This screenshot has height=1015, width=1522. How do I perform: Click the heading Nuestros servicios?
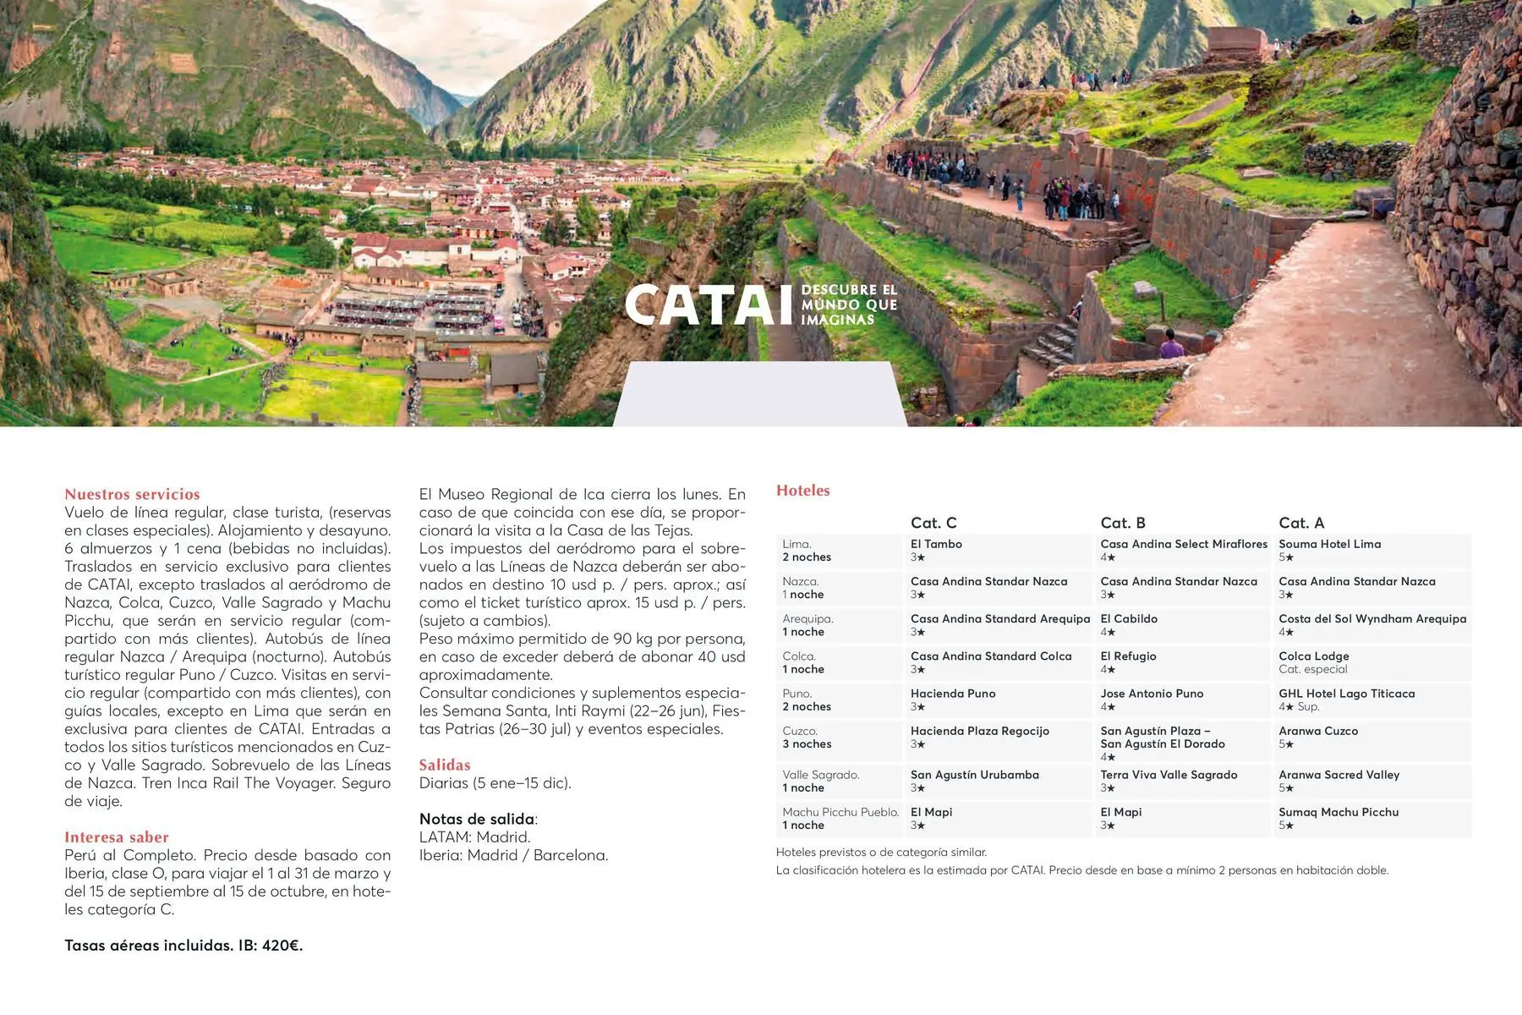[x=132, y=494]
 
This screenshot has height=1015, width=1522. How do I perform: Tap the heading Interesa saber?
[x=117, y=837]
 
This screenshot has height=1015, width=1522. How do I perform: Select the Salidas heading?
[x=445, y=765]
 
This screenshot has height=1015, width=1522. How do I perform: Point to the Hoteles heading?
[x=803, y=491]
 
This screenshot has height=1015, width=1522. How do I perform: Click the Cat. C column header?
[x=933, y=523]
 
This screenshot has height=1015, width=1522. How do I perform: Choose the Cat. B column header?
[x=1123, y=523]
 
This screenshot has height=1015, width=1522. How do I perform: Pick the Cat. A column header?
[x=1301, y=523]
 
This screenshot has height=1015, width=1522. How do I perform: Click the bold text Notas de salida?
[x=478, y=819]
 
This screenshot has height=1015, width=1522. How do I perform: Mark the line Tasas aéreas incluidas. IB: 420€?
[x=183, y=945]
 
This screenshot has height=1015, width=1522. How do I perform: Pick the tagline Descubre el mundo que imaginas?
[x=849, y=304]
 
